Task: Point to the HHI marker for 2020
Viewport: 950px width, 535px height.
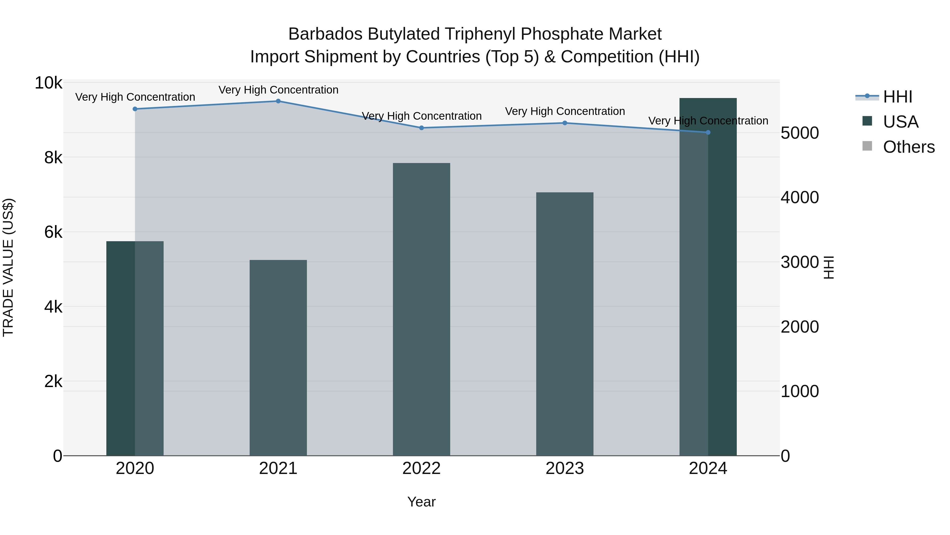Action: click(x=135, y=109)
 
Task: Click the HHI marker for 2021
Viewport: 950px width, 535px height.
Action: click(x=278, y=101)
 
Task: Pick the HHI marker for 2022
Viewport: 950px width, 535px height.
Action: click(x=421, y=128)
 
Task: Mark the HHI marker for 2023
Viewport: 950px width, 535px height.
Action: click(x=565, y=123)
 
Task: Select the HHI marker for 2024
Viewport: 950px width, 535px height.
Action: click(x=708, y=132)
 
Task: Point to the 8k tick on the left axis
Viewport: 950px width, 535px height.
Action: click(x=53, y=158)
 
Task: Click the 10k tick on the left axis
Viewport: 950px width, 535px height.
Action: click(x=48, y=83)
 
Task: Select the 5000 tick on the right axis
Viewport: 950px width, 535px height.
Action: click(x=800, y=133)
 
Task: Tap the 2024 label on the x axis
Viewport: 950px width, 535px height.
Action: click(x=708, y=468)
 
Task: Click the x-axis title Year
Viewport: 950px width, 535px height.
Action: click(x=421, y=502)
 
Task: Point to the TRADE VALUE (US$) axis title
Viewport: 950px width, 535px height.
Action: click(x=8, y=267)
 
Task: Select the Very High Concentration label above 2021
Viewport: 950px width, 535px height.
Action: click(x=278, y=90)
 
